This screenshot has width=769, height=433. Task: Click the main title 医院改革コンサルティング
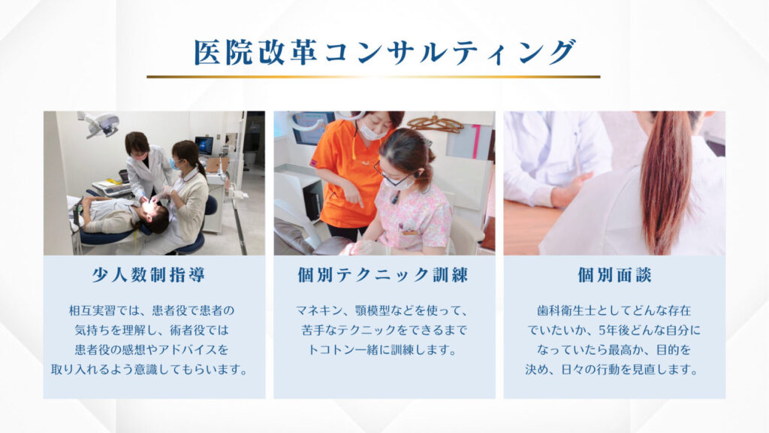(x=384, y=52)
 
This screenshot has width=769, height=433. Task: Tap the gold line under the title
(x=373, y=77)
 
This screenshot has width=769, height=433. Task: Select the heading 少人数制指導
(x=149, y=274)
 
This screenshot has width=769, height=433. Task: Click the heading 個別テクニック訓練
(x=383, y=274)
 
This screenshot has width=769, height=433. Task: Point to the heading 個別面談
(x=614, y=274)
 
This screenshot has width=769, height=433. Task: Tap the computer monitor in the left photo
(x=204, y=145)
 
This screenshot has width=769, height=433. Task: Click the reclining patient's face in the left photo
(x=150, y=210)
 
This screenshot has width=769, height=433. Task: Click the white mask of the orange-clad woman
(x=374, y=129)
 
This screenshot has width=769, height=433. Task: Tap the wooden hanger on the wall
(x=436, y=123)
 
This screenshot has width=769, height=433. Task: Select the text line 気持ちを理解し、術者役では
(x=152, y=330)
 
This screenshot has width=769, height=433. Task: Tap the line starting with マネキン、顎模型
(x=382, y=310)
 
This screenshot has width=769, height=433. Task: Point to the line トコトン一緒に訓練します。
(x=382, y=350)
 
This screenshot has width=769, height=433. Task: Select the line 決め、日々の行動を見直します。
(x=612, y=369)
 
